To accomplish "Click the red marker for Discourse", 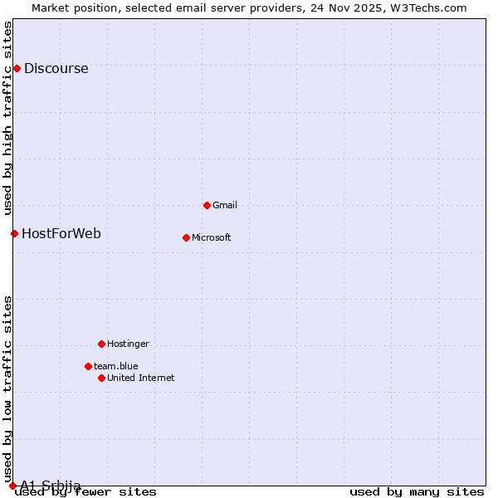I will coord(17,68).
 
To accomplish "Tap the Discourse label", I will coord(56,69).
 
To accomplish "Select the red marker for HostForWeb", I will coord(14,233).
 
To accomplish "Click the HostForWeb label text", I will coord(61,234).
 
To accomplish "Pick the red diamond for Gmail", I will coord(207,205).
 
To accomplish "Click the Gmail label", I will coord(225,206).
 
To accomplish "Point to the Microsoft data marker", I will coord(186,237).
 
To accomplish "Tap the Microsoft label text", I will coord(212,238).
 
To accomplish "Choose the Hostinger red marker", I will coord(101,344).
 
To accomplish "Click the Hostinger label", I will coord(129,344).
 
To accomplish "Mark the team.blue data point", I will coord(88,366).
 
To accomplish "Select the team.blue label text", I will coord(116,367).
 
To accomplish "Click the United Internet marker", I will coord(101,378).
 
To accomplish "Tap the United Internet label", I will coord(141,378).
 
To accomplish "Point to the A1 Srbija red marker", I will coord(12,486).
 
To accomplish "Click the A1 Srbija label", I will coord(51,486).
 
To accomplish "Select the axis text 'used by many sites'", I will coord(417,492).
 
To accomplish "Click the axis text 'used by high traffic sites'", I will coord(8,118).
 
